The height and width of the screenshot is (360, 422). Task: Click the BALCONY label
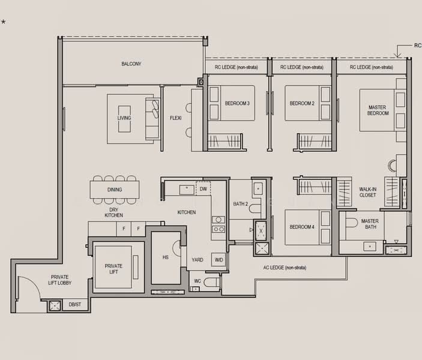pos(131,64)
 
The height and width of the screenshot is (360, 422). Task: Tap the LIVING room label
pos(124,118)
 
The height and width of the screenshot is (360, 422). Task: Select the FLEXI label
pos(175,118)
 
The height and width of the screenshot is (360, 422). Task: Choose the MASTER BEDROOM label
pos(377,110)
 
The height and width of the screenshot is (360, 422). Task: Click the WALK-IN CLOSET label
pos(367,192)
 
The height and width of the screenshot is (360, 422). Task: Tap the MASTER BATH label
pos(370,224)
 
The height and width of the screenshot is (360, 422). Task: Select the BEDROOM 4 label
pos(302,227)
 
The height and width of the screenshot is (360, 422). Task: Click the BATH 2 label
pos(241,204)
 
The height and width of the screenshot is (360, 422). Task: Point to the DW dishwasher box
pos(203,189)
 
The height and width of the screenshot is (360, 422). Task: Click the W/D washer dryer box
pos(219,260)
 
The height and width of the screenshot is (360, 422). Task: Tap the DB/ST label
pos(75,305)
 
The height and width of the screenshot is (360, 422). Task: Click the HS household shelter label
pos(165,257)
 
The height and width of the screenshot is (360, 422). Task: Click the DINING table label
pos(115,190)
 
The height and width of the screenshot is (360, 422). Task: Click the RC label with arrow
pos(417,46)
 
